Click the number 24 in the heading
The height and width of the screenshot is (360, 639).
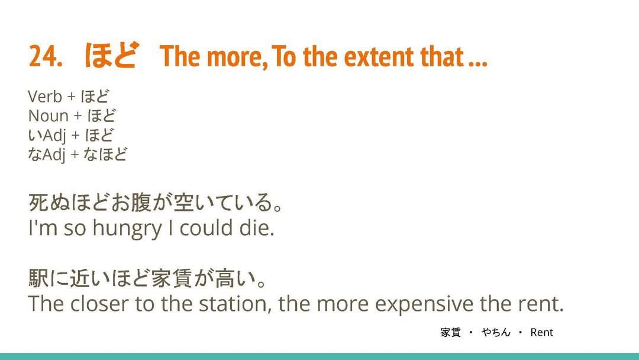[43, 56]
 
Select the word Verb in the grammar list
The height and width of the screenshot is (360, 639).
[45, 97]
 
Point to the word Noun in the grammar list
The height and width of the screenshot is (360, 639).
[48, 116]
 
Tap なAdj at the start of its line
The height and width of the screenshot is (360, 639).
[47, 155]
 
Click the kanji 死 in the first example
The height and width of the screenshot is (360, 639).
[38, 202]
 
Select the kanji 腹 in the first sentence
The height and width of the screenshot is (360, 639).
[141, 202]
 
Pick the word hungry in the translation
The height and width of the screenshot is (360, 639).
[127, 229]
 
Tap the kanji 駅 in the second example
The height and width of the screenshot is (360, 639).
[38, 278]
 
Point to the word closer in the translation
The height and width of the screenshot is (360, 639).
[99, 304]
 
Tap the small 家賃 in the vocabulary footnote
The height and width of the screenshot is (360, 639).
[450, 332]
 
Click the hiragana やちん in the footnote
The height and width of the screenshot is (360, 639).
[496, 332]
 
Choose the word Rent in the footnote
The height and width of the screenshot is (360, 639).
[541, 332]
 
